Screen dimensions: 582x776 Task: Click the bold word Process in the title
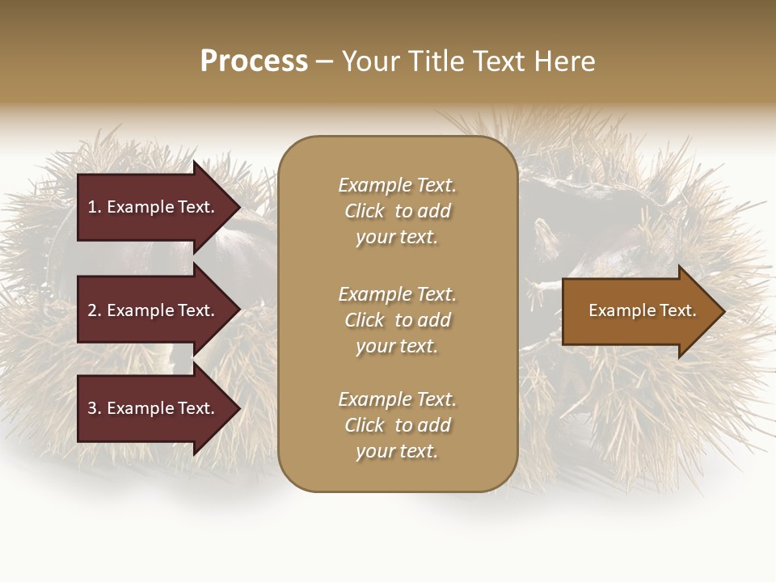(x=254, y=61)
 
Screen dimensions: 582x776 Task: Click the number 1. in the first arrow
(x=94, y=207)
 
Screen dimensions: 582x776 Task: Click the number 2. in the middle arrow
(x=94, y=310)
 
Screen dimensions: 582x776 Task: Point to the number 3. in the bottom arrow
(x=94, y=408)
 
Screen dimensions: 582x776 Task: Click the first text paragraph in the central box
(x=397, y=211)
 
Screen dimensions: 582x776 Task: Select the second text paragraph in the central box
(x=397, y=319)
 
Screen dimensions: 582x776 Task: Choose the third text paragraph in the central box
(x=397, y=425)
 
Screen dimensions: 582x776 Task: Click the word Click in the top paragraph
(x=365, y=211)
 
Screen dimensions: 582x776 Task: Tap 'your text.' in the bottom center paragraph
(x=397, y=452)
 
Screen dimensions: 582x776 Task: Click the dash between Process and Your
(x=324, y=61)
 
